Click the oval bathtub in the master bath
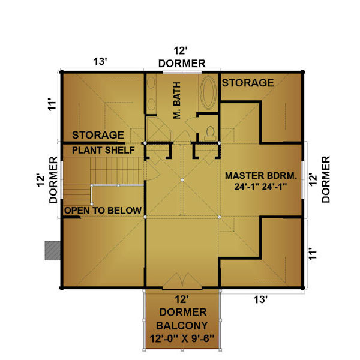(208, 92)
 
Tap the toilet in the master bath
(210, 134)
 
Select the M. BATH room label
(177, 100)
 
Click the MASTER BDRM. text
(261, 176)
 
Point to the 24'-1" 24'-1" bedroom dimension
(261, 187)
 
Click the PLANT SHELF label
(103, 150)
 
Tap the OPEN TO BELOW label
(103, 211)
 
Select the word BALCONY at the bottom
(182, 326)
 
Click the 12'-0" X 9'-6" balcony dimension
(182, 338)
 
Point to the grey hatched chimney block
(53, 250)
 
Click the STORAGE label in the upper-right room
(248, 83)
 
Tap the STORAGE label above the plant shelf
(98, 135)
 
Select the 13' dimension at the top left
(100, 62)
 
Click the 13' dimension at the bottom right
(260, 299)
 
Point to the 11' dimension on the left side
(52, 104)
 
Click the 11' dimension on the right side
(313, 254)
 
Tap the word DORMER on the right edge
(326, 179)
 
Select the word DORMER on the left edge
(53, 180)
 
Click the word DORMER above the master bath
(182, 64)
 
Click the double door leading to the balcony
(182, 281)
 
